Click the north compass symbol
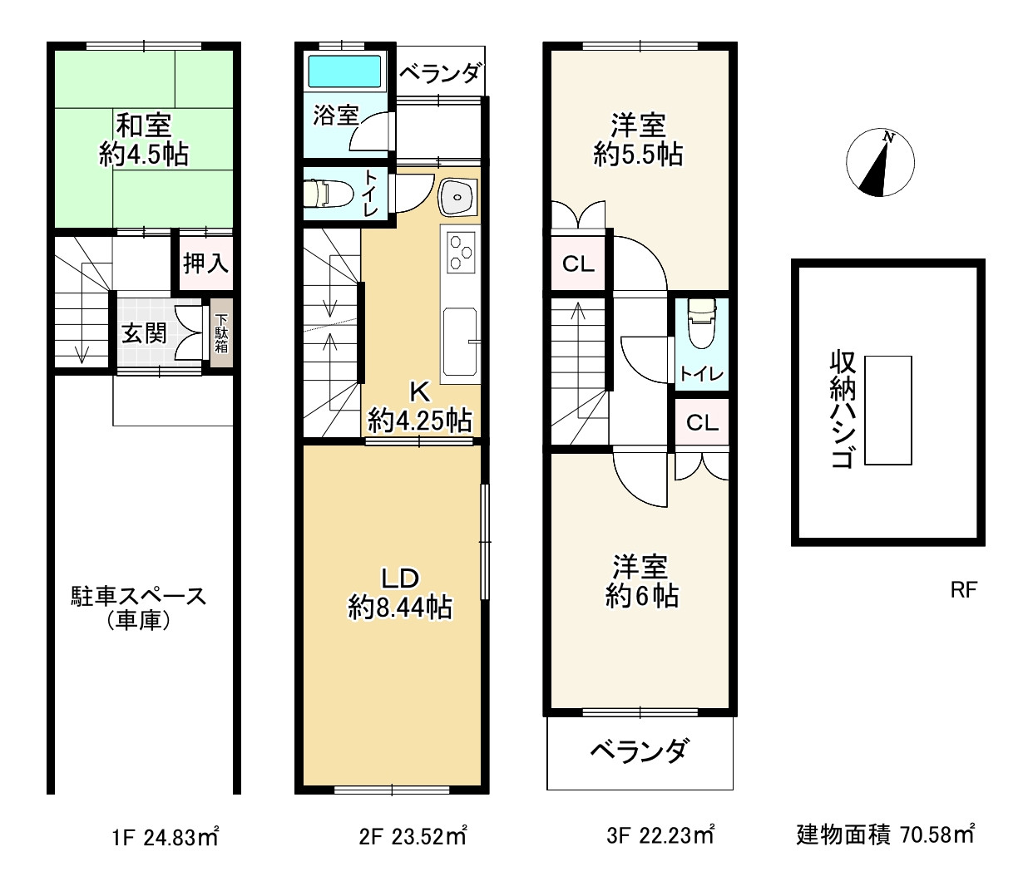(x=879, y=163)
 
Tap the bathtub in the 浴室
(x=344, y=71)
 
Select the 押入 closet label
(x=205, y=263)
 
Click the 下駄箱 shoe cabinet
(x=221, y=332)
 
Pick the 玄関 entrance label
(x=145, y=333)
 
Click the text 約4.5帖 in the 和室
(x=143, y=155)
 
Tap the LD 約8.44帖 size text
(x=399, y=608)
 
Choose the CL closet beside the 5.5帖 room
(x=578, y=264)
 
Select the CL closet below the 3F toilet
(x=702, y=423)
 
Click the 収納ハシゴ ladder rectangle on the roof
(x=887, y=410)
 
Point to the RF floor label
(x=963, y=590)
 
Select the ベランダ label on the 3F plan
(x=639, y=751)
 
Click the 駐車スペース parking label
(x=138, y=596)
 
